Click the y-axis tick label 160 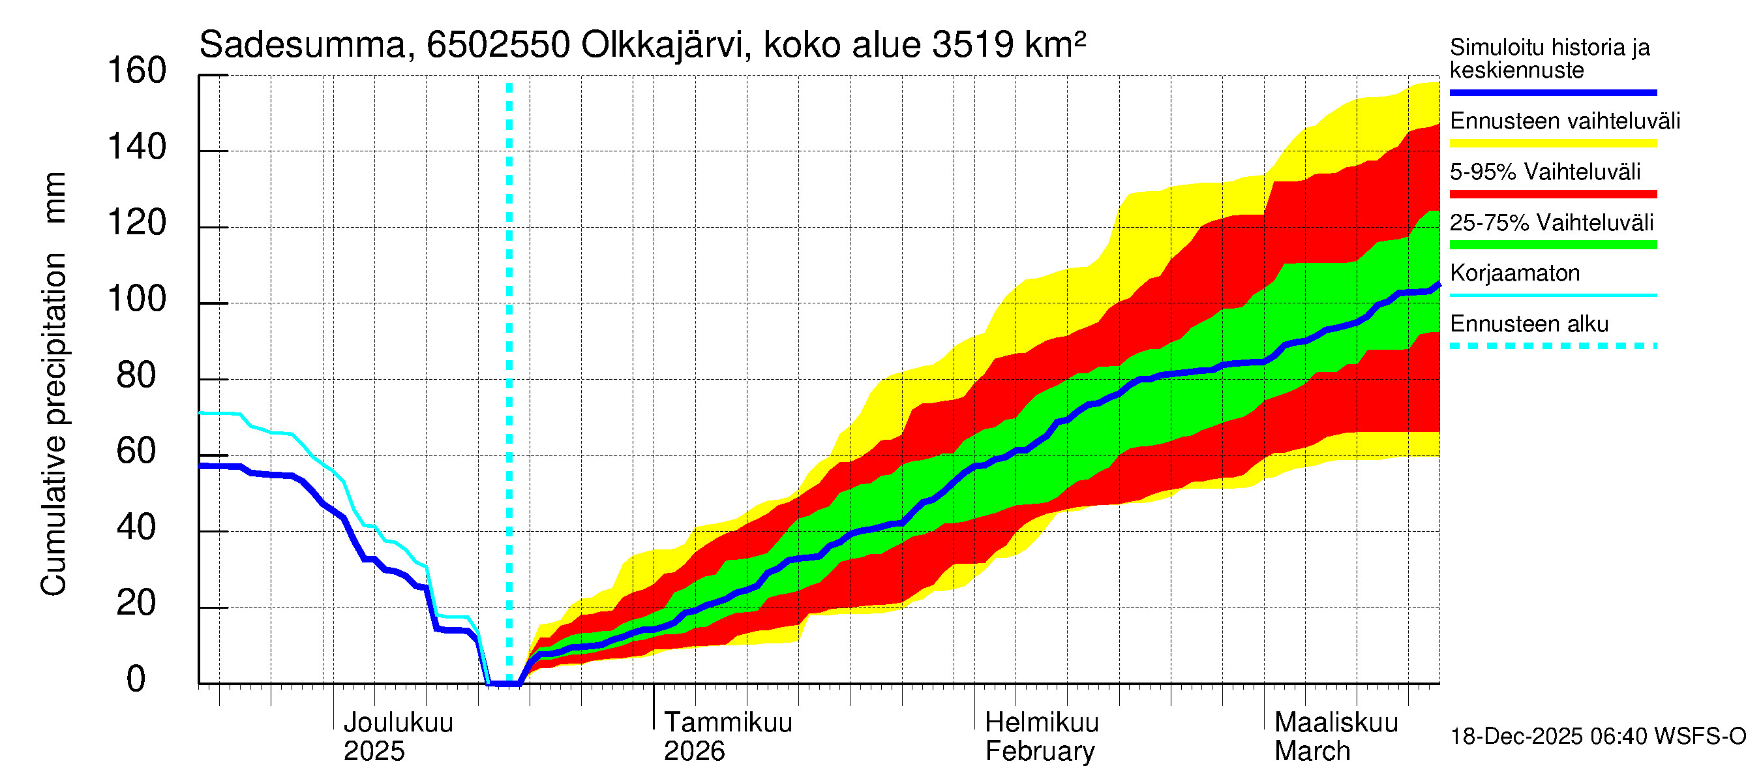(x=137, y=71)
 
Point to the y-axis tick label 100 (x=137, y=299)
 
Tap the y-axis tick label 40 (x=137, y=528)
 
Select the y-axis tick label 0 (x=136, y=680)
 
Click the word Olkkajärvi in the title (x=662, y=46)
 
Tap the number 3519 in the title (x=972, y=46)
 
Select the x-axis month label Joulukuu (x=398, y=723)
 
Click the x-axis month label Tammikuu (x=728, y=723)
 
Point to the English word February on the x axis (x=1040, y=752)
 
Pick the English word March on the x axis (x=1312, y=752)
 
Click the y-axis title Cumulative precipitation (x=54, y=424)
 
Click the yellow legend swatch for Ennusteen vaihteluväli (x=1552, y=144)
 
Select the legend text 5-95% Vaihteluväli (x=1544, y=172)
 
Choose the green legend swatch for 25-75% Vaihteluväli (x=1552, y=245)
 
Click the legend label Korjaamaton (x=1514, y=273)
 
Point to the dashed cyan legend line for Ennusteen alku (x=1552, y=346)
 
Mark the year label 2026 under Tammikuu (x=694, y=752)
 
